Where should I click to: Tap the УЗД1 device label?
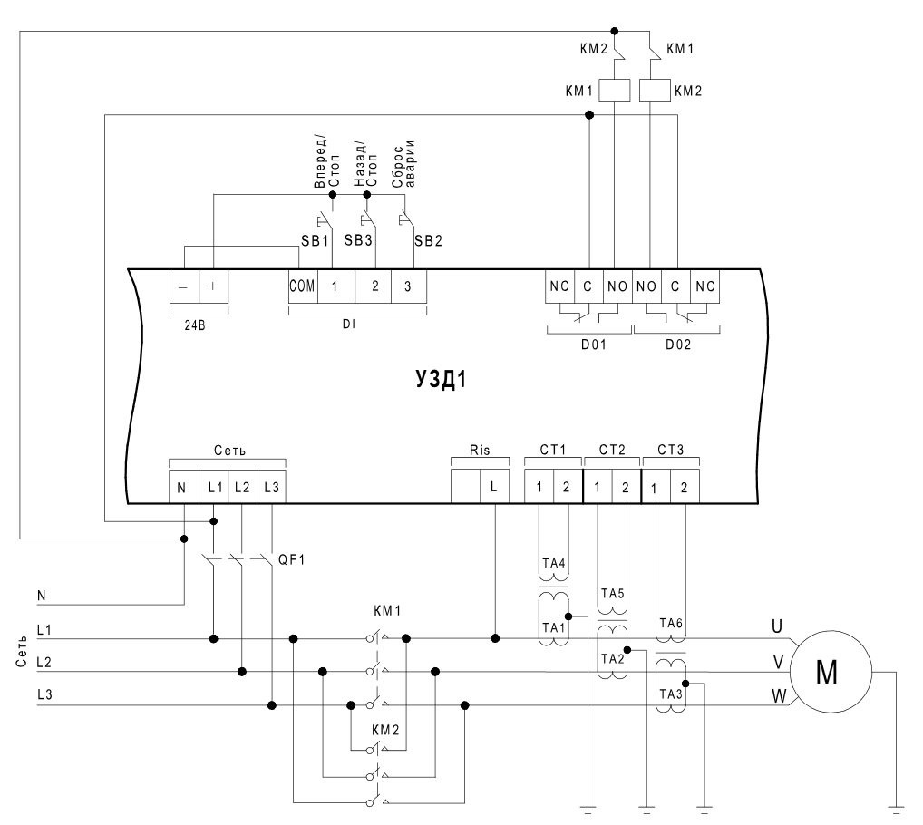(x=441, y=380)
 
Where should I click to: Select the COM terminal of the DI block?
(x=303, y=286)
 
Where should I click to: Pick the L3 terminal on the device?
(x=271, y=487)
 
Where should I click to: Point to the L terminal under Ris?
(x=494, y=487)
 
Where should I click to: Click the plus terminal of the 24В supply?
(x=213, y=286)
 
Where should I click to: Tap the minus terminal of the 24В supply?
(x=184, y=286)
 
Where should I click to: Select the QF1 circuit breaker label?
(x=292, y=559)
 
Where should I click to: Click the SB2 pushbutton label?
(x=428, y=240)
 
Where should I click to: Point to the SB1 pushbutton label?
(x=315, y=240)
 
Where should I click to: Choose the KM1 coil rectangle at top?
(x=615, y=91)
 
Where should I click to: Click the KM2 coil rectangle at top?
(x=655, y=91)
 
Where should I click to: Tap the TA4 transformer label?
(x=554, y=563)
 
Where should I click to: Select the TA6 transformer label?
(x=671, y=623)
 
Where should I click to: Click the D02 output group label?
(x=678, y=345)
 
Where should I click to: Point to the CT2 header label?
(x=612, y=451)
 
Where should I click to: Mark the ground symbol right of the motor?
(x=896, y=810)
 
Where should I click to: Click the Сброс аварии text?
(x=403, y=164)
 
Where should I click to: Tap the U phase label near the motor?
(x=777, y=626)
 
